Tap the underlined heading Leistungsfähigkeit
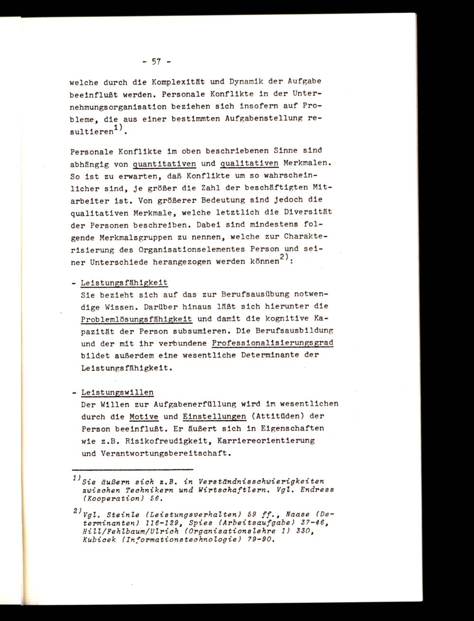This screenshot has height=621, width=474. coord(125,283)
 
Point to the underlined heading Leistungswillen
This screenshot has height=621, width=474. coord(118,392)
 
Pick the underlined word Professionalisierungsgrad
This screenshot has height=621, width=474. coord(273,342)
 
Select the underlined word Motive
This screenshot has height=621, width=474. coord(144,416)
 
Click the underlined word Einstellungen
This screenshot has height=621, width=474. coord(214,416)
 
